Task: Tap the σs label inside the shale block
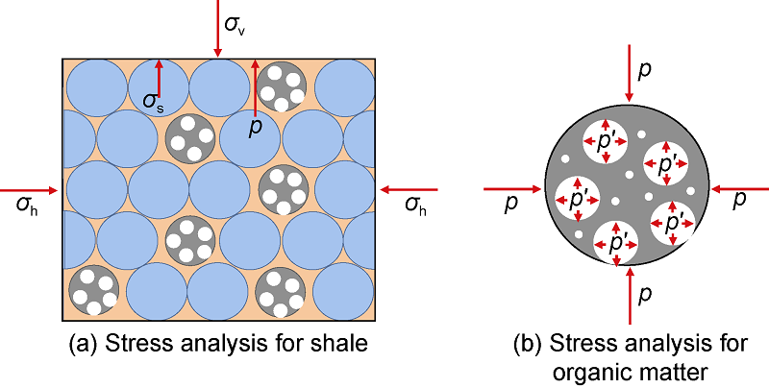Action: [152, 101]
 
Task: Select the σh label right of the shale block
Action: [415, 204]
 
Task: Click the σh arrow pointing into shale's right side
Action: [409, 189]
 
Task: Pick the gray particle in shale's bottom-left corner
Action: [94, 290]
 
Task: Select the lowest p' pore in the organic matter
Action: [616, 241]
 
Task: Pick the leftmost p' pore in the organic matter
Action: [580, 198]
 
